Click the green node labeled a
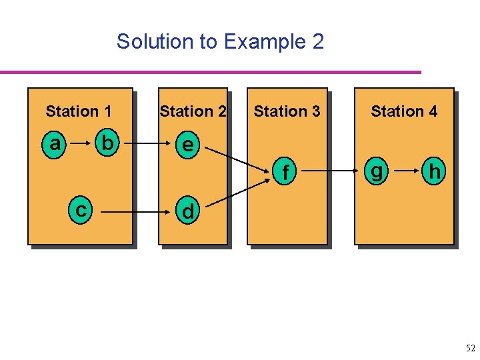(x=55, y=143)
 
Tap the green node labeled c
(x=81, y=211)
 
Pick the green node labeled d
(x=188, y=211)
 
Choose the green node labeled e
(x=189, y=144)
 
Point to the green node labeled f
(x=285, y=173)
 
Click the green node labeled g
(x=377, y=172)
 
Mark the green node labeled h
(x=435, y=172)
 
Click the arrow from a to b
(x=80, y=143)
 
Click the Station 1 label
(x=79, y=111)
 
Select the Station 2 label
(x=193, y=111)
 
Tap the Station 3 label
(x=287, y=111)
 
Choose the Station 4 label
(x=404, y=111)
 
